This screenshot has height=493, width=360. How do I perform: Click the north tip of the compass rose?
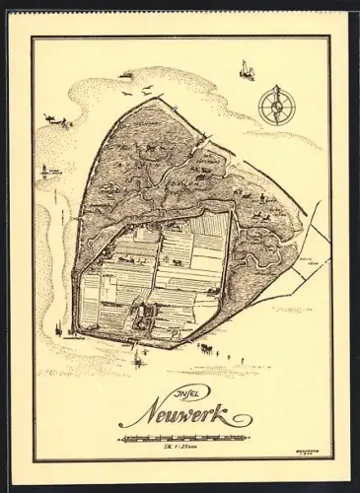pyautogui.click(x=277, y=86)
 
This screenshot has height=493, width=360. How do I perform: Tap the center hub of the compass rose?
pyautogui.click(x=277, y=102)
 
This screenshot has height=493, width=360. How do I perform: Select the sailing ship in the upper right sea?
pyautogui.click(x=244, y=68)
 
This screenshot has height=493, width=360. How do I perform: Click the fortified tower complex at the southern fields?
pyautogui.click(x=141, y=315)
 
